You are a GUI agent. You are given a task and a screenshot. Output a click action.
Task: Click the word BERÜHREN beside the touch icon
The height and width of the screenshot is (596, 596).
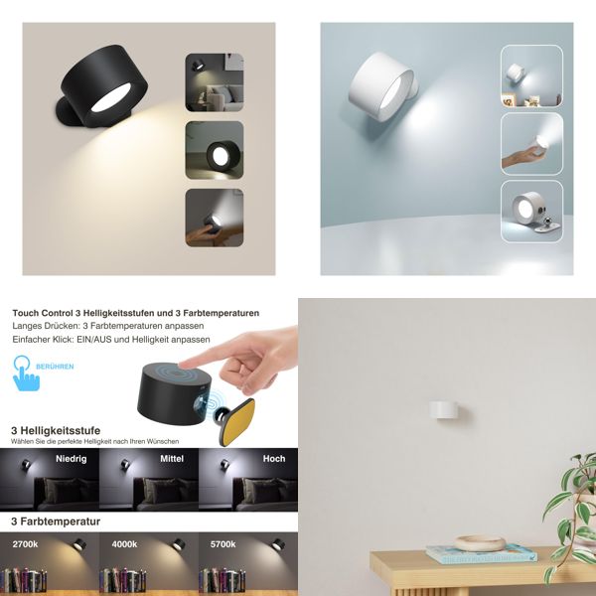54,367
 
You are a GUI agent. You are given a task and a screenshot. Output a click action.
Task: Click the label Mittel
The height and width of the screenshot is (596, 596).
173,459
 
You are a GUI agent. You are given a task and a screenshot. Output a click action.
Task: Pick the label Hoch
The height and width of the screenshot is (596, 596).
274,459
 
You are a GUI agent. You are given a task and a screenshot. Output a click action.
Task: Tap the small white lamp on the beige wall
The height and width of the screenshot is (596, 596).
444,408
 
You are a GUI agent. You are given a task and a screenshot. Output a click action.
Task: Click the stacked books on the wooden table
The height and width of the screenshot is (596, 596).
481,554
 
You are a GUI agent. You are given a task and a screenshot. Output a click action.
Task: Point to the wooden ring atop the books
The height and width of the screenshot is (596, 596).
480,543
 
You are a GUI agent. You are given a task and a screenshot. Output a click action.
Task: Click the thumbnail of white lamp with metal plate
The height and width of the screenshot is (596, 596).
531,210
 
